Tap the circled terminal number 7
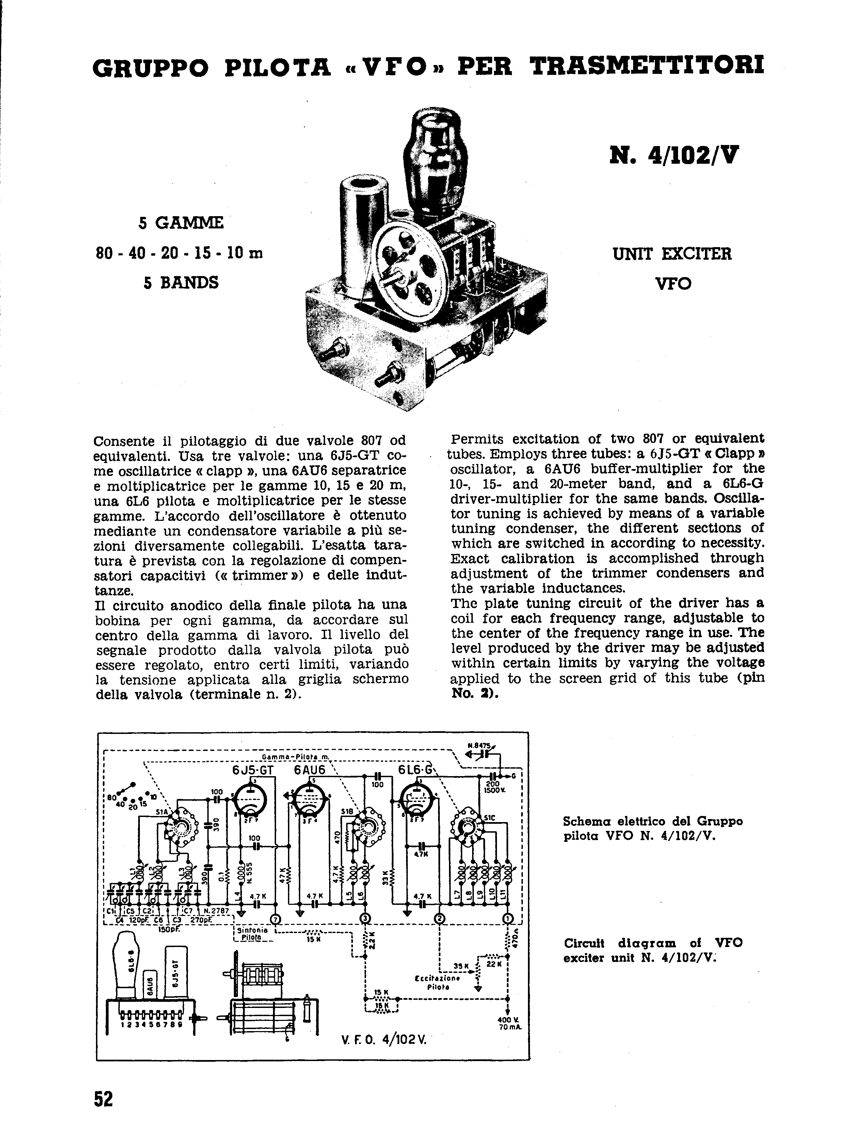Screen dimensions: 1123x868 [276, 919]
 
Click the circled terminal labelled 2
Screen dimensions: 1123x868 [440, 919]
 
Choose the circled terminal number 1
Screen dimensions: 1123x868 [507, 919]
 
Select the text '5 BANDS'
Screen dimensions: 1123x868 [181, 282]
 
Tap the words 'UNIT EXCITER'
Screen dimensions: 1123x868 [672, 254]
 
